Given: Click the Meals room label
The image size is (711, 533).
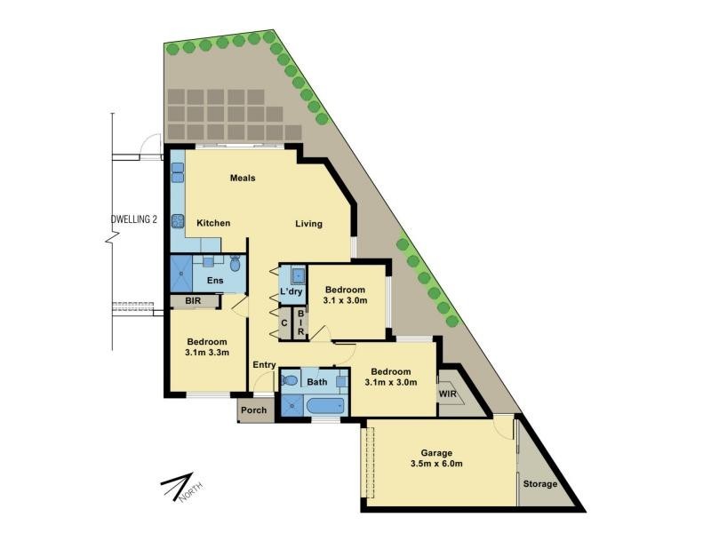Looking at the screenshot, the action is (x=243, y=179).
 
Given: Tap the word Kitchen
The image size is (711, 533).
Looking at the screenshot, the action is (x=213, y=223).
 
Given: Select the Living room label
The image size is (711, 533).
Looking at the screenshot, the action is (x=308, y=224).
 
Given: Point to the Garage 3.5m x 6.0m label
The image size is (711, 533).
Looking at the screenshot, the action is (x=436, y=458).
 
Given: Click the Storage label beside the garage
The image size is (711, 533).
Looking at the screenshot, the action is (x=540, y=484).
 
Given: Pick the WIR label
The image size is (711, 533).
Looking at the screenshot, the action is (x=448, y=394).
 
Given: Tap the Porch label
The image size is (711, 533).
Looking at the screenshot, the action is (x=254, y=410).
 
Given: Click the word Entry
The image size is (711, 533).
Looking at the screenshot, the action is (x=264, y=365).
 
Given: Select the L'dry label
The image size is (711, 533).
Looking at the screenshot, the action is (x=291, y=291).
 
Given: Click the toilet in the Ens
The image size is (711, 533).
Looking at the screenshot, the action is (x=235, y=263).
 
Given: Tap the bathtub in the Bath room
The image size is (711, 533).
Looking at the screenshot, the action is (x=325, y=405).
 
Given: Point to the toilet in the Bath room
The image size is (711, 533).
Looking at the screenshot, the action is (x=290, y=379).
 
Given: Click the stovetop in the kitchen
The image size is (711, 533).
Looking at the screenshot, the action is (x=177, y=220).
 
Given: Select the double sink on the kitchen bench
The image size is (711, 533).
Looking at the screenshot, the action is (x=177, y=171).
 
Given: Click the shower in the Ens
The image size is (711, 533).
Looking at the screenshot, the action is (x=181, y=274).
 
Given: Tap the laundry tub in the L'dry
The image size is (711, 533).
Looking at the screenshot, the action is (x=299, y=275).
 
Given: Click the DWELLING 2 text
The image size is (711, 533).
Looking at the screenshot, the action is (x=134, y=219).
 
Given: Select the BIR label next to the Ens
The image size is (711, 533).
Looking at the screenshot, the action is (x=193, y=301).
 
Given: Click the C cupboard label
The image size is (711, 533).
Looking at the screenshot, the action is (x=284, y=323).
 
